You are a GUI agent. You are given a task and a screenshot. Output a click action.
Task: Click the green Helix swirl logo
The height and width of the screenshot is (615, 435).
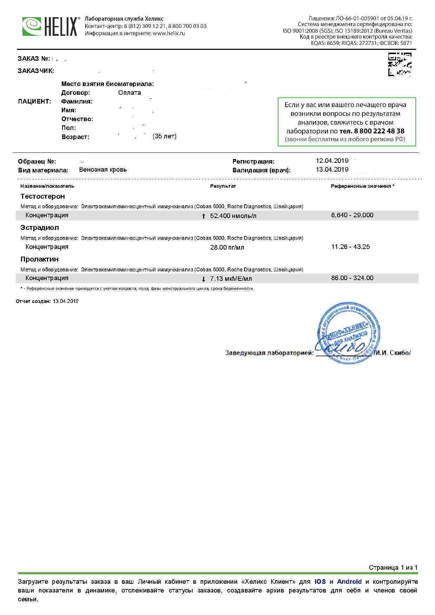click(32, 26)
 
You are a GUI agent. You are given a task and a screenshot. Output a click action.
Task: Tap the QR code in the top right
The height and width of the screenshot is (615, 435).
click(400, 64)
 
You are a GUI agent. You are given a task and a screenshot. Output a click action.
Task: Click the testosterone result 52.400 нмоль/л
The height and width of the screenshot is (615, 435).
click(233, 216)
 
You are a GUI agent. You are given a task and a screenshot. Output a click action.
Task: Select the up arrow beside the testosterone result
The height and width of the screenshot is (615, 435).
click(203, 216)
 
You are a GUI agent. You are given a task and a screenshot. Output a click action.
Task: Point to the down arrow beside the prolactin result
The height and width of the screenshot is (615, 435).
click(203, 279)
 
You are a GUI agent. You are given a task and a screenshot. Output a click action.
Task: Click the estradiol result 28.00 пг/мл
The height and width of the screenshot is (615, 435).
click(227, 247)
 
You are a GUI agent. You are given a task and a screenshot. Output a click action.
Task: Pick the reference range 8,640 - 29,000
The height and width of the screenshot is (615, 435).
click(352, 215)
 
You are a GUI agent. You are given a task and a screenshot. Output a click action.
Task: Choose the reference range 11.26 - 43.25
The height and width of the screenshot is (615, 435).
click(350, 247)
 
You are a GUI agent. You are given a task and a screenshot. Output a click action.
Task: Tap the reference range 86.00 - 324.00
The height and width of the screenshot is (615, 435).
click(352, 278)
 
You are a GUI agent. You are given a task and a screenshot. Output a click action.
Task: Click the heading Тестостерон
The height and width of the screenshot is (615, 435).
click(42, 196)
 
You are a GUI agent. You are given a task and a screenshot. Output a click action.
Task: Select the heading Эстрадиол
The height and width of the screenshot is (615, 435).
click(40, 227)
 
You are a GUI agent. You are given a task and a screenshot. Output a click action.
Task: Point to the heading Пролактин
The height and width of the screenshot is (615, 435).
click(39, 259)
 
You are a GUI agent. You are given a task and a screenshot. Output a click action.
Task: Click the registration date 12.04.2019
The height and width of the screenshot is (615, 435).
click(332, 161)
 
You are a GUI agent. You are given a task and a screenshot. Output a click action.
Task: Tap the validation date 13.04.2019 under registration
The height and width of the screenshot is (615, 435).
click(332, 170)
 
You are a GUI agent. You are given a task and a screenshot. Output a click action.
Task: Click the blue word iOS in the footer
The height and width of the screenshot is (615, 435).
click(320, 582)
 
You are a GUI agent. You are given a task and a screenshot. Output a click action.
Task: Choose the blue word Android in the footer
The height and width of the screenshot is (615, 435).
click(349, 582)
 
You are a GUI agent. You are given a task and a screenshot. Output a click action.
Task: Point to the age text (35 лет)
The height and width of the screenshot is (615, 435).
click(165, 136)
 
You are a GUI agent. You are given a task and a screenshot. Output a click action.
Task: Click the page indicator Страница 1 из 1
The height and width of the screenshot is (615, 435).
click(393, 568)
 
